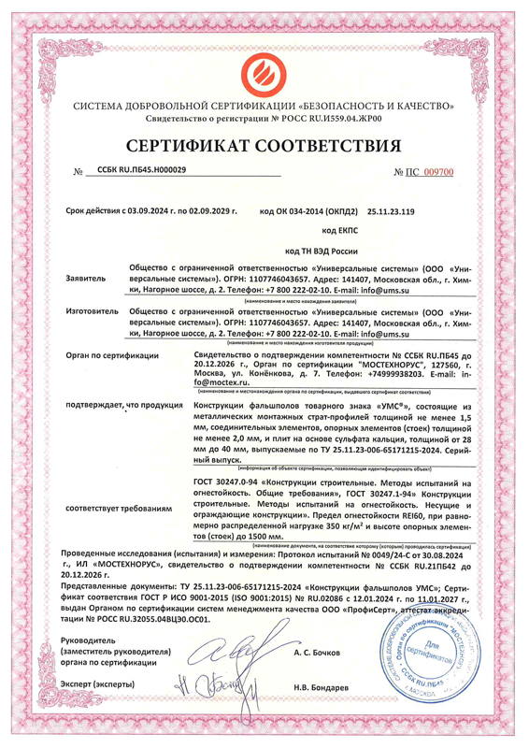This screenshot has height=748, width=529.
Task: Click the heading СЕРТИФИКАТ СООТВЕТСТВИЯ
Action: pos(264,146)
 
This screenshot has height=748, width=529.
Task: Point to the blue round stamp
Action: pos(429,651)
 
